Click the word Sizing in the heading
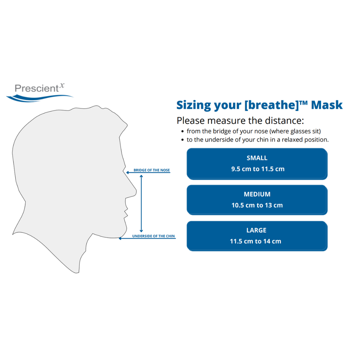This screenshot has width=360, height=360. point(193,105)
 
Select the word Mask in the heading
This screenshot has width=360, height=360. point(327,105)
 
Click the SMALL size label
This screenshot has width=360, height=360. point(257,158)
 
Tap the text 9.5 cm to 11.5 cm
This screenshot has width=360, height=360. point(258,169)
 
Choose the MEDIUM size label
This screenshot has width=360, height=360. point(257,194)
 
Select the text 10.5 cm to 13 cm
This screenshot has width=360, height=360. point(257,205)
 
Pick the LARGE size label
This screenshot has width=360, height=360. point(256,230)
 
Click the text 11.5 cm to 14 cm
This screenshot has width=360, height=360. point(255,241)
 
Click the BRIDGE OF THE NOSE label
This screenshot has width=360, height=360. point(152,170)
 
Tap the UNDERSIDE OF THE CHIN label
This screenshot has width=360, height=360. point(153,236)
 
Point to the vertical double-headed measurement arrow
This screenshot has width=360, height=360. point(141,204)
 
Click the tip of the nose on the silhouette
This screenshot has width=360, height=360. point(136,192)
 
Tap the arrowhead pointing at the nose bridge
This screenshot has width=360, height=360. point(127,173)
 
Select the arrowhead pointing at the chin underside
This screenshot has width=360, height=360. point(121,239)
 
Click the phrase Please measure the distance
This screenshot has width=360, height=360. point(240,120)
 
